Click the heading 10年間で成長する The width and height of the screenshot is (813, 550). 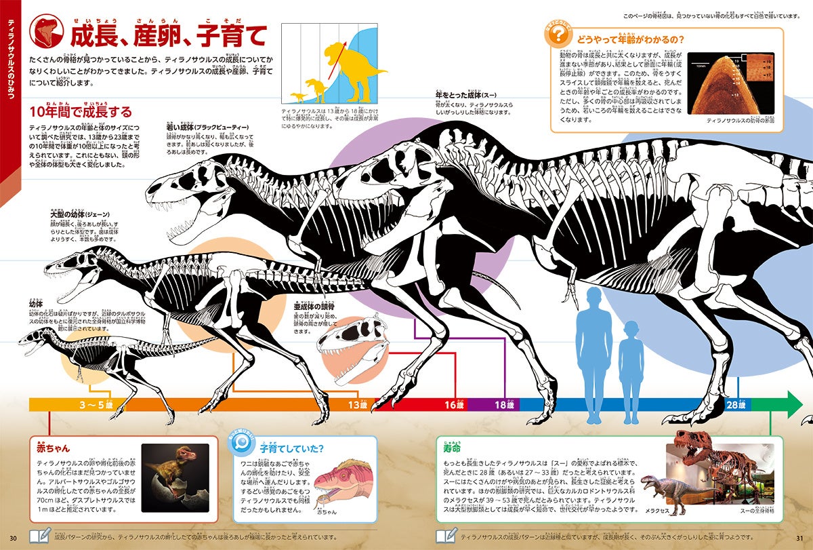pyautogui.click(x=80, y=112)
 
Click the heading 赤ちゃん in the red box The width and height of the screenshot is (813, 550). pyautogui.click(x=49, y=448)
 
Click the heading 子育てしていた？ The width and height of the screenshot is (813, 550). pyautogui.click(x=291, y=448)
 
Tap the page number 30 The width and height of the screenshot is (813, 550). pyautogui.click(x=13, y=538)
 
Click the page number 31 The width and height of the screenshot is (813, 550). pyautogui.click(x=799, y=538)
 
